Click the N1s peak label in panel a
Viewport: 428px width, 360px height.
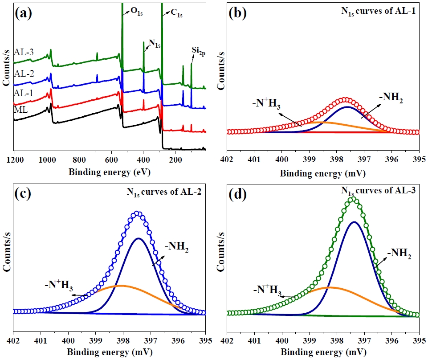(x=154, y=44)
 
